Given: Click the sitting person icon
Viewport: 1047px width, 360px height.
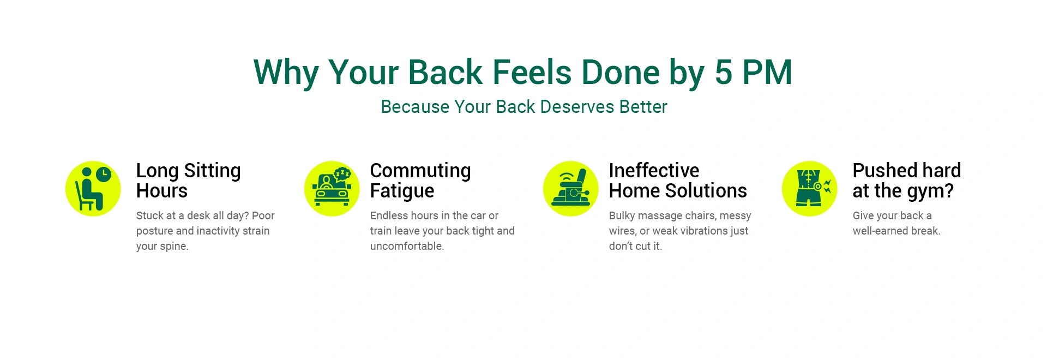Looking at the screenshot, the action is [93, 189].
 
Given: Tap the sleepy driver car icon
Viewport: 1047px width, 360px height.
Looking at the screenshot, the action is [332, 189].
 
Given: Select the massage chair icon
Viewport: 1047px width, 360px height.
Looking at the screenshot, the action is [571, 189].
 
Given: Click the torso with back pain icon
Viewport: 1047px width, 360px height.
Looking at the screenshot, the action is [810, 189].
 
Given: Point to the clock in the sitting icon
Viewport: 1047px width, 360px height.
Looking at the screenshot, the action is [103, 175].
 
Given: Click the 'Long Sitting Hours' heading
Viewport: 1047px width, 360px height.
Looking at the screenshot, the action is [188, 181].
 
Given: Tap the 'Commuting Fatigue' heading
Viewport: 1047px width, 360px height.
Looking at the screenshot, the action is [420, 181].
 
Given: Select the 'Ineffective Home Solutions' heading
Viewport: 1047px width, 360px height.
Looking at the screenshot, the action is [678, 181].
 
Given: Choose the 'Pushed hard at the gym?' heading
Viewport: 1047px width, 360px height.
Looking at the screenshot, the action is [907, 181].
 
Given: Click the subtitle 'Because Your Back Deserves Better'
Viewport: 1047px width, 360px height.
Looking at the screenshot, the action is [524, 107].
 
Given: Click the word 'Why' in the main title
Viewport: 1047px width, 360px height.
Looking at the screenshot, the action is [286, 73].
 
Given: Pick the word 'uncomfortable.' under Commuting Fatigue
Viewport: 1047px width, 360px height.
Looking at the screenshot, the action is [407, 247].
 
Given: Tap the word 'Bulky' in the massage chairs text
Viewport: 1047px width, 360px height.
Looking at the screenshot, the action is [622, 216].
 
